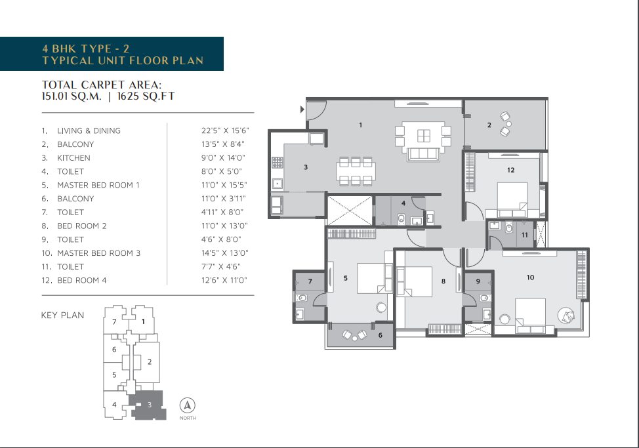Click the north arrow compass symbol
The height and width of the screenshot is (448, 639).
(188, 405)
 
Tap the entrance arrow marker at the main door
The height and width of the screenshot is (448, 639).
(302, 109)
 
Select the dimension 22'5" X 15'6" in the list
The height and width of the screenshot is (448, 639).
(225, 131)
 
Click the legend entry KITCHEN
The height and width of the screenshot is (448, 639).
(73, 158)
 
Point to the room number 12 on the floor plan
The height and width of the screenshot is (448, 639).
(510, 170)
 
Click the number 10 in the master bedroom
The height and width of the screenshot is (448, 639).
(530, 277)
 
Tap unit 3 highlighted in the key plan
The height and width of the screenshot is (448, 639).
(149, 405)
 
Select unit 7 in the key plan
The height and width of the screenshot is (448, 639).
(114, 322)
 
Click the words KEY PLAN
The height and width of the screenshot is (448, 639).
(63, 316)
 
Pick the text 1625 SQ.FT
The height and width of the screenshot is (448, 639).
(146, 96)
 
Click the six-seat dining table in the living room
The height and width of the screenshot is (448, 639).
(356, 171)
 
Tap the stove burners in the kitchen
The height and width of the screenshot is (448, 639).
(278, 163)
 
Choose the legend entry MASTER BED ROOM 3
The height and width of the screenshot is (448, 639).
(98, 253)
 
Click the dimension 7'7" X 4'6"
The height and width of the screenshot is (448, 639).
(221, 267)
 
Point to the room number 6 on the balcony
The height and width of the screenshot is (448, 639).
(381, 335)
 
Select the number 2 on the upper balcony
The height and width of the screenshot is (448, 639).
(489, 125)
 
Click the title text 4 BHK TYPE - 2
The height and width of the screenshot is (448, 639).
(85, 49)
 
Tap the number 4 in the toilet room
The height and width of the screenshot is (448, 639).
(403, 203)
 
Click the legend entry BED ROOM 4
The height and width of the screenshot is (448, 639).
(82, 281)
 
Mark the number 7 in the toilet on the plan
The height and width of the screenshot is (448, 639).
(310, 281)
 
